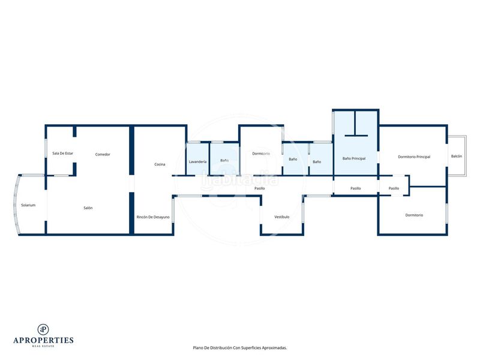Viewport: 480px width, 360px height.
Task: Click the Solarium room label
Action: coord(28,205)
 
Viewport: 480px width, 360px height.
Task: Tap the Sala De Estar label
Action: coord(63,154)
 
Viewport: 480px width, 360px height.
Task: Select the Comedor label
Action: coord(103,155)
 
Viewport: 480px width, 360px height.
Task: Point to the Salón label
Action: coord(88,208)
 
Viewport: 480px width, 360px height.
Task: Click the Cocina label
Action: coord(160,164)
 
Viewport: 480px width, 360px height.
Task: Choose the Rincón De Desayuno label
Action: coord(153,217)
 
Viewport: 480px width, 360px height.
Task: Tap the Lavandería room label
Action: coord(197,161)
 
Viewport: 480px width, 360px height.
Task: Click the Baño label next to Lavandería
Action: coord(224,160)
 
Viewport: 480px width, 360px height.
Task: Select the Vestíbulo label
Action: coord(281,217)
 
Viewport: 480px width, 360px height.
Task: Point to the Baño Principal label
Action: coord(354,158)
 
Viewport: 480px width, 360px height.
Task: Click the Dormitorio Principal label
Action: coord(414,157)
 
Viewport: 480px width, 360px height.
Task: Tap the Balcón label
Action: coord(457,156)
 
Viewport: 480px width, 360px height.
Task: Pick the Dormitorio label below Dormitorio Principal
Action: coord(414,215)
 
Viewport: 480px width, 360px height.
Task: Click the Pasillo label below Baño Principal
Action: coord(355,188)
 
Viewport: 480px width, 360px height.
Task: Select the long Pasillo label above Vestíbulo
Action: coord(260,188)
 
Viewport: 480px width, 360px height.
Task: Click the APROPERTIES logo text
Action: coord(43,340)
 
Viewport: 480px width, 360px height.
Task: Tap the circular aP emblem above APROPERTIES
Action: coord(43,329)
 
